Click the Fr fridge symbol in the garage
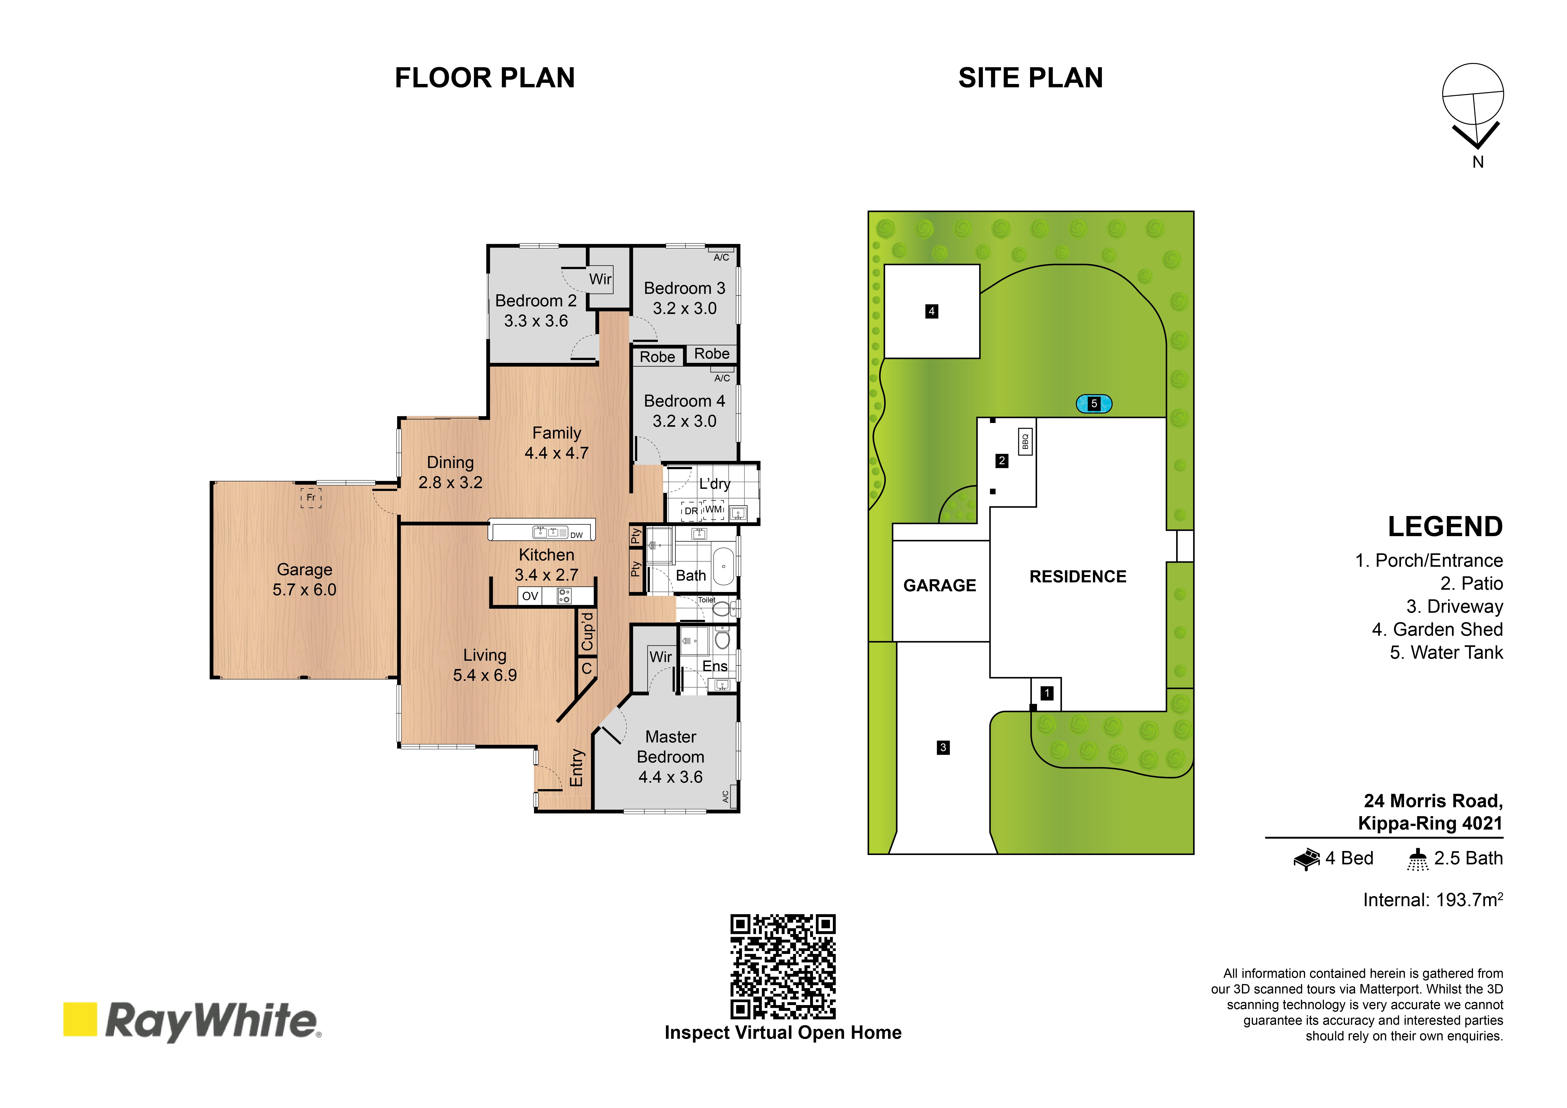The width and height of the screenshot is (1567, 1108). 311,497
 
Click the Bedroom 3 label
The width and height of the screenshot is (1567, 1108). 685,288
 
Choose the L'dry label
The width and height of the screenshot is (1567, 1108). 714,484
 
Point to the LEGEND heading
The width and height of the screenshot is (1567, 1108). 1445,527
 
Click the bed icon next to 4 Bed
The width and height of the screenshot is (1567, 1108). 1307,859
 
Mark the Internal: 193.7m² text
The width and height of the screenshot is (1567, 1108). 1433,900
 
